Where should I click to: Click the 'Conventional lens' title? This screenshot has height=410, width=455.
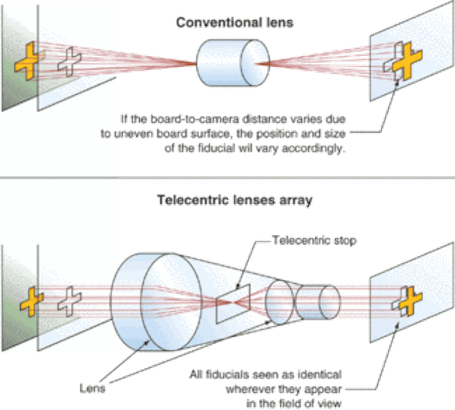[x=235, y=23]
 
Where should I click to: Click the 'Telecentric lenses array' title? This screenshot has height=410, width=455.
[x=235, y=200]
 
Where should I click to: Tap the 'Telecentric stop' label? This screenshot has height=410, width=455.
[x=314, y=241]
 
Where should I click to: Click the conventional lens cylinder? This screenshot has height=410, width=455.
[x=233, y=63]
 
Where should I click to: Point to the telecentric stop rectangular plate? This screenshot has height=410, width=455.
[x=233, y=304]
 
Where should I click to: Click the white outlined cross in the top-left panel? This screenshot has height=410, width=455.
[x=70, y=62]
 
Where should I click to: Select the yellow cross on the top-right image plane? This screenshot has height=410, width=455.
[x=407, y=61]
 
